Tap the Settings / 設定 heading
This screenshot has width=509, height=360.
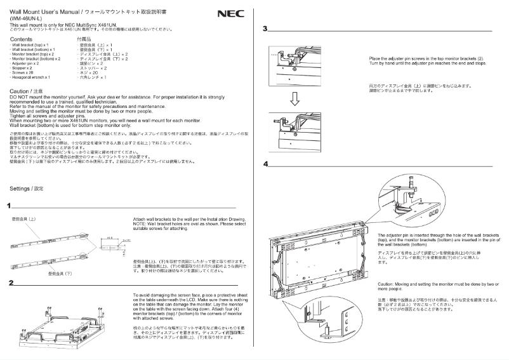(x=27, y=189)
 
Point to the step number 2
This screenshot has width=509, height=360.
(x=11, y=283)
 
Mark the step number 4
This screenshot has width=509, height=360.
(x=266, y=164)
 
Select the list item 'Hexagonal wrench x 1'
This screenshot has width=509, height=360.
(x=30, y=76)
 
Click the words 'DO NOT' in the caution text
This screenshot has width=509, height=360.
(x=19, y=96)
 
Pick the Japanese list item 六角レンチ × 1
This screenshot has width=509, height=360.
(x=93, y=76)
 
